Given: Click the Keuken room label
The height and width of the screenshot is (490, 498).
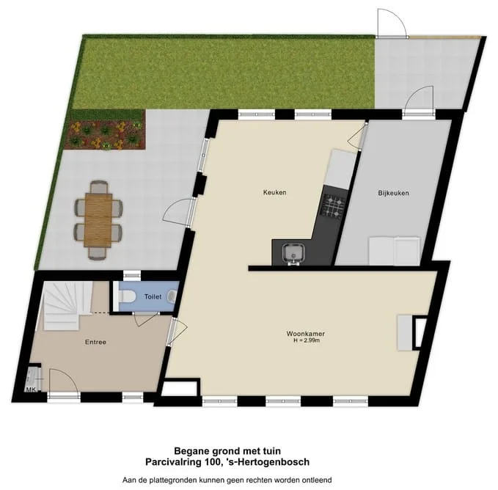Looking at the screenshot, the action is point(275,192).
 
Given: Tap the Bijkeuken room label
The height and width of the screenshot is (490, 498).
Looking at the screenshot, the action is point(394,193).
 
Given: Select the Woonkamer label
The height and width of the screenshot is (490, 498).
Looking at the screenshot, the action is point(306,334).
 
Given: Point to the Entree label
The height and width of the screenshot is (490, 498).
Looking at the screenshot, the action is point(95,342).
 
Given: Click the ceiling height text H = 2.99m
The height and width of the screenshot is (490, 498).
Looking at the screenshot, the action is point(307,340).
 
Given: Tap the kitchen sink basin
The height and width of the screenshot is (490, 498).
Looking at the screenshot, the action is point(293,253).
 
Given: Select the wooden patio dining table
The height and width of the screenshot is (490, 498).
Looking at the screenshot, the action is point(98,220).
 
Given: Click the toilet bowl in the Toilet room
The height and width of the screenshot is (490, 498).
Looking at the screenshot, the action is point(127,296).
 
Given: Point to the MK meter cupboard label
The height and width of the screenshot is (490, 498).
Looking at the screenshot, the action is point(31,390).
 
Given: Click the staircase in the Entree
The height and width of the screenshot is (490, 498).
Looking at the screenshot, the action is point(64,306).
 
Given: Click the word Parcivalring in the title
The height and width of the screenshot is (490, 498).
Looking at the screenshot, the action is point(173,461).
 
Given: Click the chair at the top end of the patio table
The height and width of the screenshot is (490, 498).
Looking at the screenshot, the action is point(99,187).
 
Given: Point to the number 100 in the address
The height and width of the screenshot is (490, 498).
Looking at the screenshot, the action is point(212,461).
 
